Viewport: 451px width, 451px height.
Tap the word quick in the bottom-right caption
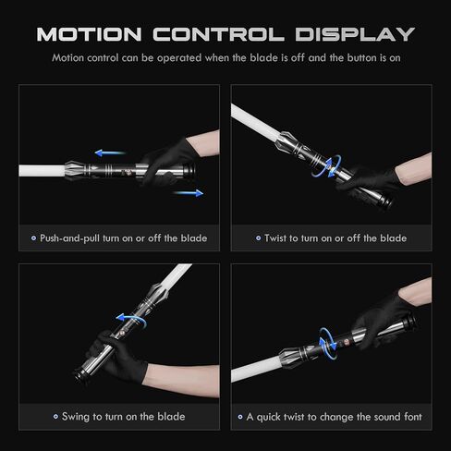coord(271,417)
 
